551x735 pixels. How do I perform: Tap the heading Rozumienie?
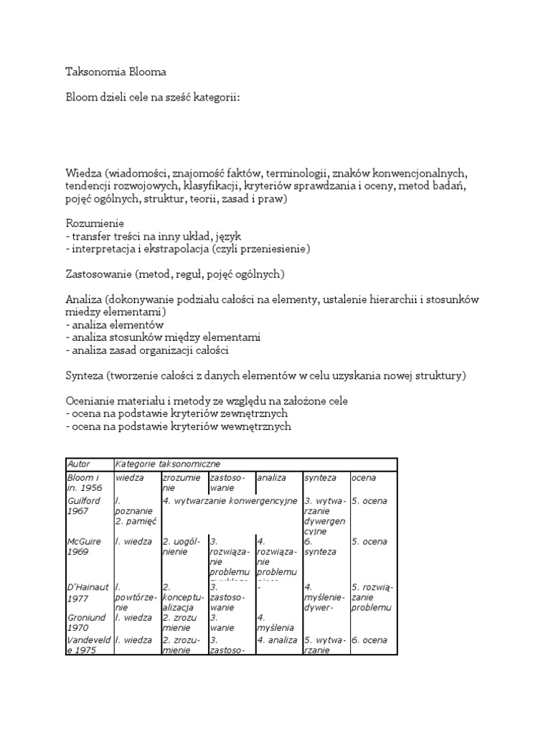click(x=95, y=225)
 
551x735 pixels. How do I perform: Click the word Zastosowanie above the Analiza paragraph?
click(x=100, y=274)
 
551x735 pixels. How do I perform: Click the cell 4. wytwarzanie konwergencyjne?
click(x=230, y=500)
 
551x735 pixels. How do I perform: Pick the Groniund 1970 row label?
click(x=86, y=622)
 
